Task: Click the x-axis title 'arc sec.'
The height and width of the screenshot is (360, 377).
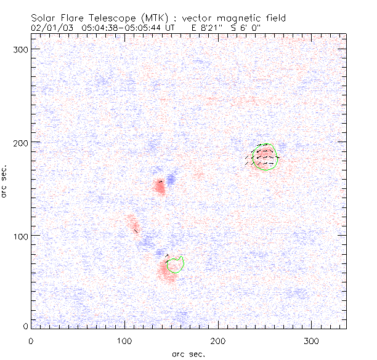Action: [187, 354]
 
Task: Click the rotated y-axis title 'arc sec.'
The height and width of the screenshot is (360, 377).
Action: [5, 181]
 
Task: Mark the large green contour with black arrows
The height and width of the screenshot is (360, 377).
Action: [266, 158]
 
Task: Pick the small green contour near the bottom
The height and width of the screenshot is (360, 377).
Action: [176, 265]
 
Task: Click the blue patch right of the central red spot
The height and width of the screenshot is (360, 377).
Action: [171, 180]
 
